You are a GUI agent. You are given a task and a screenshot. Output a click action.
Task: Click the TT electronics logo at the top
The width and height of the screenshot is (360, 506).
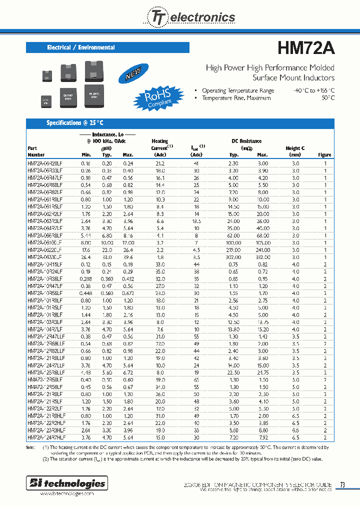click(190, 17)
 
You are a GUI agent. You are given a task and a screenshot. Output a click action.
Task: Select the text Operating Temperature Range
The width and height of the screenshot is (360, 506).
click(238, 90)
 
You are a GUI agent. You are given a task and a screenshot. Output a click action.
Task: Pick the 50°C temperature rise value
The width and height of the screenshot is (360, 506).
click(328, 98)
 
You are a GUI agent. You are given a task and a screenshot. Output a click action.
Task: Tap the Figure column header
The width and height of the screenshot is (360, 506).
click(324, 155)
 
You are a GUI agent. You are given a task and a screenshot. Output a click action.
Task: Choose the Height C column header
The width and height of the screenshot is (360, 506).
click(295, 151)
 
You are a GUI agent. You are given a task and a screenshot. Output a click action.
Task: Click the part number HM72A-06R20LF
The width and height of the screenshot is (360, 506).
click(45, 163)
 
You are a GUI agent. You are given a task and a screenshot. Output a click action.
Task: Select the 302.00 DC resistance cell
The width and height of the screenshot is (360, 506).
click(233, 257)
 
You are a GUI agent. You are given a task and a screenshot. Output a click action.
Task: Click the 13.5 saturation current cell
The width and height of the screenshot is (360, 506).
click(195, 221)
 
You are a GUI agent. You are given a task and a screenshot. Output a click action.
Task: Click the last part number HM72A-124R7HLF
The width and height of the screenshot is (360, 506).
click(47, 436)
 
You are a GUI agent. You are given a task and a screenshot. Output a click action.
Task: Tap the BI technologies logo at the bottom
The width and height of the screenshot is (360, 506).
click(66, 483)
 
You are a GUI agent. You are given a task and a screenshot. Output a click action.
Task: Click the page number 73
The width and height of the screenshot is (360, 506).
click(342, 484)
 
